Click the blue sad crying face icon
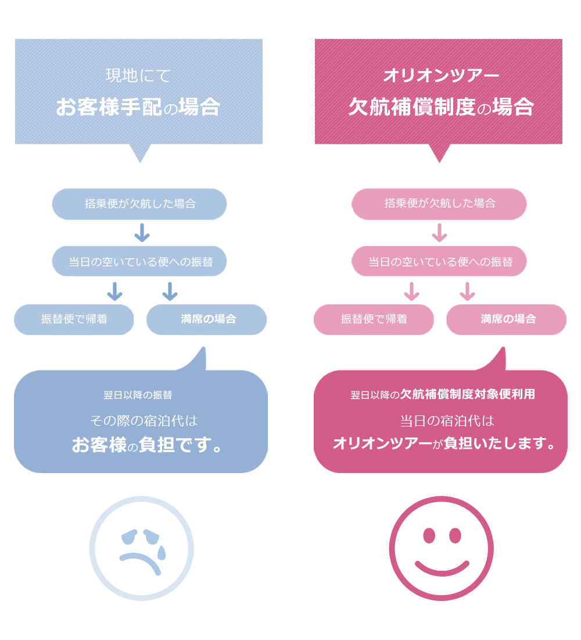click(141, 548)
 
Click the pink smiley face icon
click(441, 548)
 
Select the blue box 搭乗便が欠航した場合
click(139, 204)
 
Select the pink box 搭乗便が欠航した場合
click(439, 204)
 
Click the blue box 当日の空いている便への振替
click(139, 261)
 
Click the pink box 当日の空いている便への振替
click(439, 261)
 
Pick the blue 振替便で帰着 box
click(74, 319)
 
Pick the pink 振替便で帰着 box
click(374, 319)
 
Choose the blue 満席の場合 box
click(206, 319)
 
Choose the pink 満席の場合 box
click(506, 319)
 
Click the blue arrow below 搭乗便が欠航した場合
click(142, 233)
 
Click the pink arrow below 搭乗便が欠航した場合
click(439, 233)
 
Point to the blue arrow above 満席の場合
click(170, 291)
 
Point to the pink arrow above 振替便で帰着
click(411, 291)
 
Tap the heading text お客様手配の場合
click(138, 107)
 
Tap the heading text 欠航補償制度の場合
click(440, 107)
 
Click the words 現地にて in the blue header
click(138, 76)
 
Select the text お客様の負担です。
click(148, 445)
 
